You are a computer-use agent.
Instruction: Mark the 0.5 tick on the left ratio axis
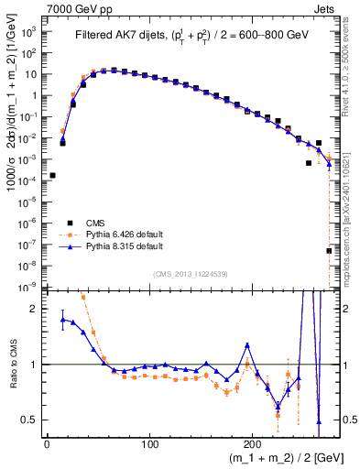coord(32,420)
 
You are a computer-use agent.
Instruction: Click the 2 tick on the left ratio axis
coord(37,309)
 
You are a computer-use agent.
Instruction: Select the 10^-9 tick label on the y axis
coord(29,287)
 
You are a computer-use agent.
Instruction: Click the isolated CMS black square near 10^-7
coord(329,250)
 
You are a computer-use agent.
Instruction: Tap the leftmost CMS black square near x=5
coord(52,175)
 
